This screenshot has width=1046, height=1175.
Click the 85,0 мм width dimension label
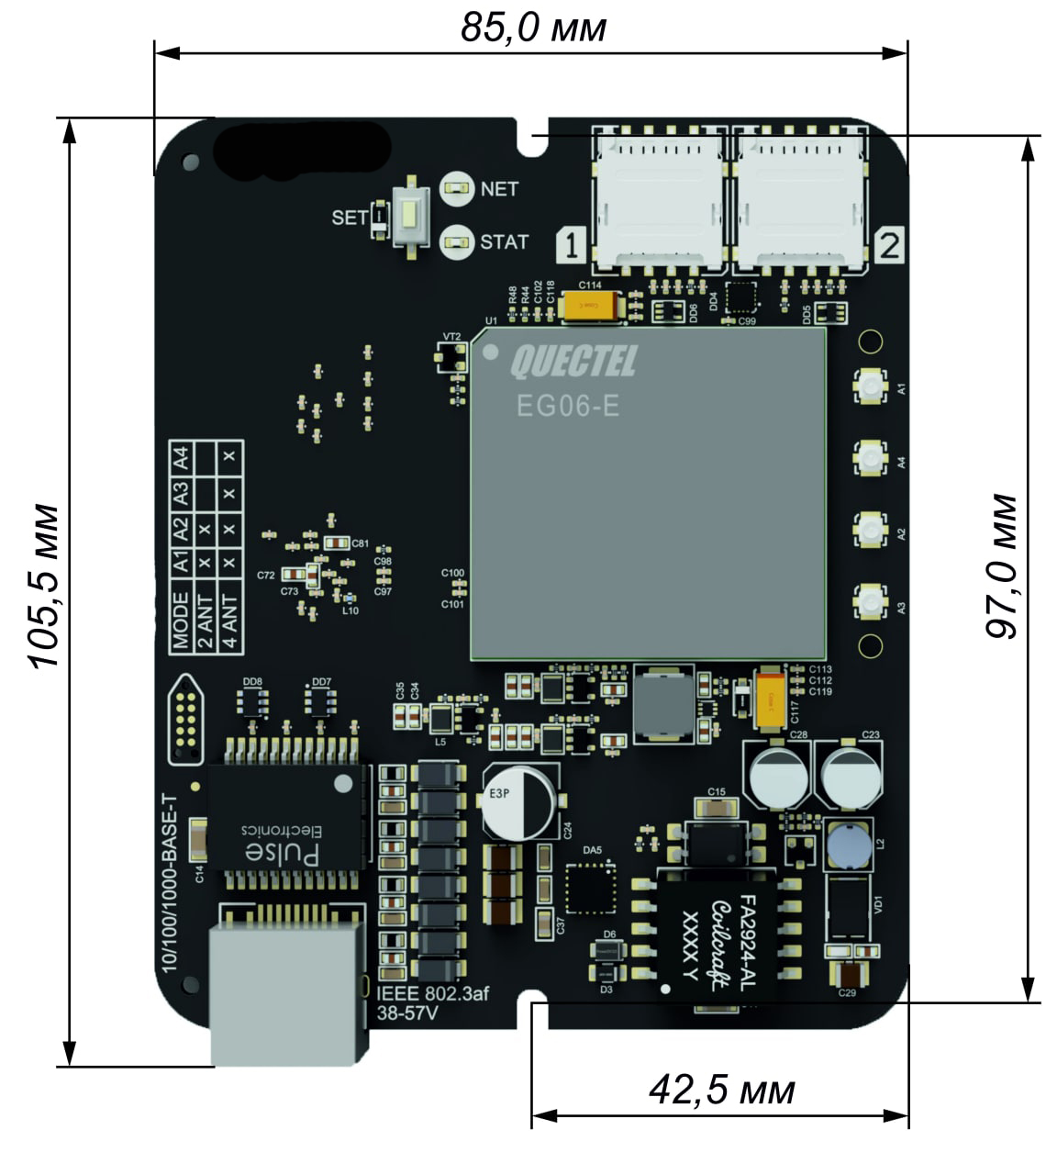[x=533, y=28]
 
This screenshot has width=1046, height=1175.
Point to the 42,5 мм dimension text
[x=721, y=1090]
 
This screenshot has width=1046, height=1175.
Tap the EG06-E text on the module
[x=567, y=406]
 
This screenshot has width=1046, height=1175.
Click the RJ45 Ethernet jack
[x=287, y=987]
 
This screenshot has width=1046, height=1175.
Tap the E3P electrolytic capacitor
[x=519, y=799]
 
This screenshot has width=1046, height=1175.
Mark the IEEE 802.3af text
[x=431, y=994]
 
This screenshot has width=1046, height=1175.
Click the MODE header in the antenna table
[x=181, y=621]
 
